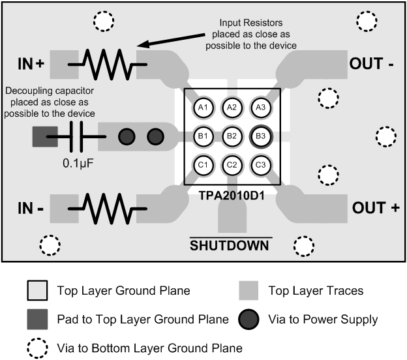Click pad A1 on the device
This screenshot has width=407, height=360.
pos(203,108)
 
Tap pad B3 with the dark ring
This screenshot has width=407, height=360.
pos(260,136)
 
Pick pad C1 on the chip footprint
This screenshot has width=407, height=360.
pos(203,165)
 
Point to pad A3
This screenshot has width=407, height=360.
pos(260,108)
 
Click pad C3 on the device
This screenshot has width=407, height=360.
pos(260,165)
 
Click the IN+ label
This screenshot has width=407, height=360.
pos(30,64)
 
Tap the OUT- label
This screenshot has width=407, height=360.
pos(372,64)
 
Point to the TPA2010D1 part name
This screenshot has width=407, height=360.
pos(232,195)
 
